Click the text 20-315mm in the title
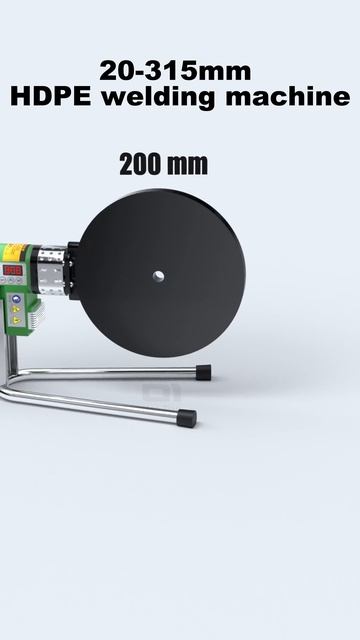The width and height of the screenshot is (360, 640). point(175,71)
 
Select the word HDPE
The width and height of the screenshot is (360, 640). point(51,97)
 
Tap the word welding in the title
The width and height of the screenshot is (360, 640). point(158,98)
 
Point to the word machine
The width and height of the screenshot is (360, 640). point(288,97)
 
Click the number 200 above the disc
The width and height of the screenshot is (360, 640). point(140,164)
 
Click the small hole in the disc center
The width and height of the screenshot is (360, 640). point(158,276)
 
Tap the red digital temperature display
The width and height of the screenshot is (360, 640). point(12,270)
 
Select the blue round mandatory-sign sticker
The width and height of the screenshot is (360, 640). point(16,299)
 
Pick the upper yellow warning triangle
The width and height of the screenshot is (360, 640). point(16,309)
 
